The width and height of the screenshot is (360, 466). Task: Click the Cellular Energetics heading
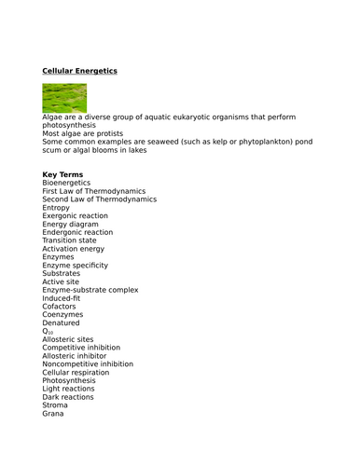point(80,70)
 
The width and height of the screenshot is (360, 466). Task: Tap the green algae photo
point(64,98)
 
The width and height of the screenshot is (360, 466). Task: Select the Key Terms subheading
point(62,174)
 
